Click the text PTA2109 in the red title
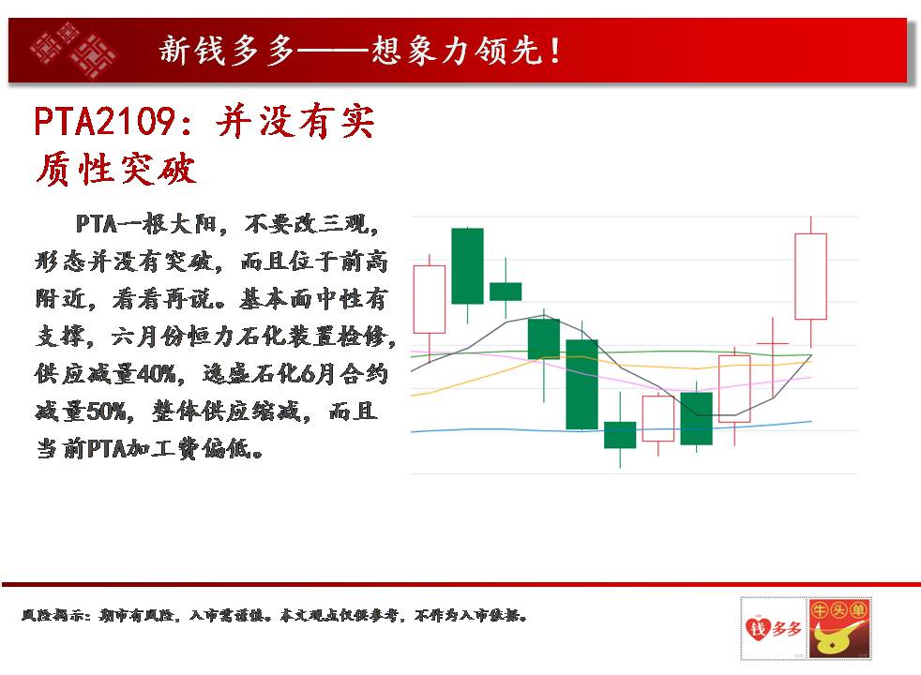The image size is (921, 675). [x=104, y=122]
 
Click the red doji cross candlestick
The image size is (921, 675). [x=773, y=343]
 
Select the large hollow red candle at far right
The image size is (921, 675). [x=810, y=277]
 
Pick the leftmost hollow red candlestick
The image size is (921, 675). [x=430, y=299]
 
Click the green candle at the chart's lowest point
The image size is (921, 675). [x=620, y=435]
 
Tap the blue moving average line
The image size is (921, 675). [x=611, y=429]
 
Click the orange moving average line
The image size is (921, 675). [x=611, y=365]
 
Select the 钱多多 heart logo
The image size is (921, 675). [x=774, y=628]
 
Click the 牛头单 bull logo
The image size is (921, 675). [x=839, y=628]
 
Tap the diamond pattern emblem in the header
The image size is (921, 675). [x=73, y=50]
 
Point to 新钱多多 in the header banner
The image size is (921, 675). [x=227, y=51]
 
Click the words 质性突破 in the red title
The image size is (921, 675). [x=115, y=169]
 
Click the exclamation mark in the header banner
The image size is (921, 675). [x=555, y=51]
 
